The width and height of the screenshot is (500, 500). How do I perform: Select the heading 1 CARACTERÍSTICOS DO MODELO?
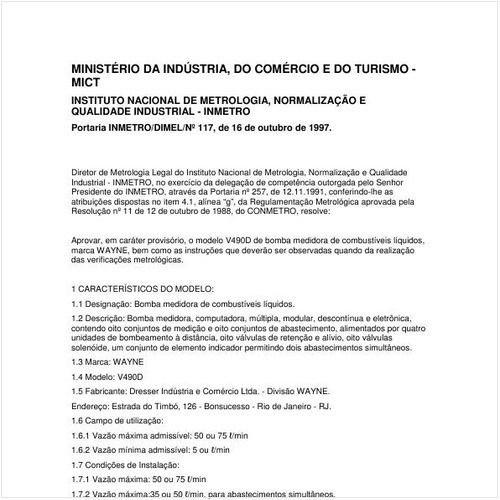[x=144, y=288]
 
